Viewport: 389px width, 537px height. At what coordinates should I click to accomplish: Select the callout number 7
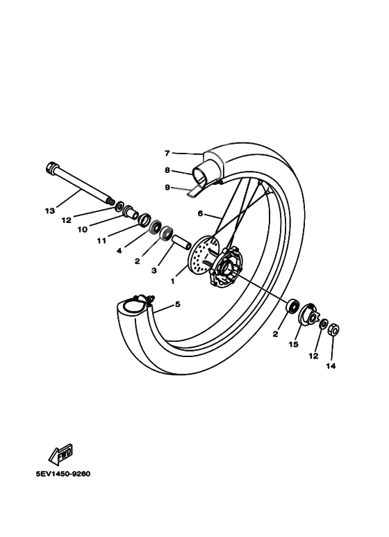[167, 153]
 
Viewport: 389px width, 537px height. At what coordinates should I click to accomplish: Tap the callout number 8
[167, 170]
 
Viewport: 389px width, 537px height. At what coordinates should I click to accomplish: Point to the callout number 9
[167, 187]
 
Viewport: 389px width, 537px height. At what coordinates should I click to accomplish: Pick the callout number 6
[200, 214]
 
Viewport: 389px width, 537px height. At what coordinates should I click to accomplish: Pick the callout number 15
[294, 343]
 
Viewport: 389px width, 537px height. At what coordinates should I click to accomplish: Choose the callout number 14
[331, 366]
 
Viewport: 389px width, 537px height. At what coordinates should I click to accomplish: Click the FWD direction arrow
[62, 455]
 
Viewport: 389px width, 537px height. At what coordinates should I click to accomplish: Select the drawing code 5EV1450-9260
[63, 474]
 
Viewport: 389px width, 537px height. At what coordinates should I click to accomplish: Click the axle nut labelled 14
[333, 329]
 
